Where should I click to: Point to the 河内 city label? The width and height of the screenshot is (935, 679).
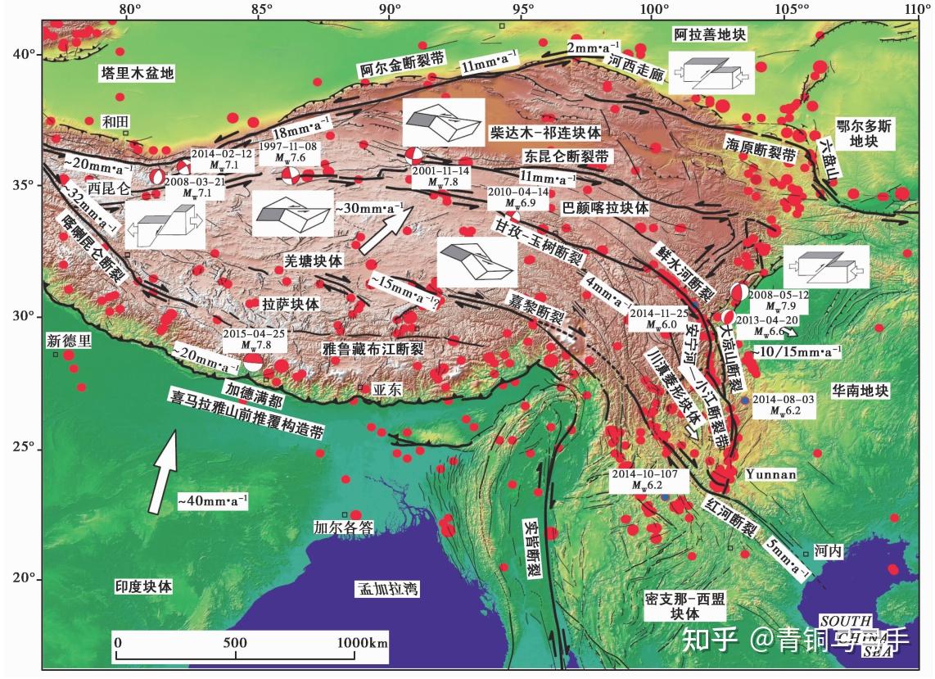(x=828, y=552)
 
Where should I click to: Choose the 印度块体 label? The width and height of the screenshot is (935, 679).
(x=143, y=587)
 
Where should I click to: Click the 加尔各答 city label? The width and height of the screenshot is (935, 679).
(x=343, y=528)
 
